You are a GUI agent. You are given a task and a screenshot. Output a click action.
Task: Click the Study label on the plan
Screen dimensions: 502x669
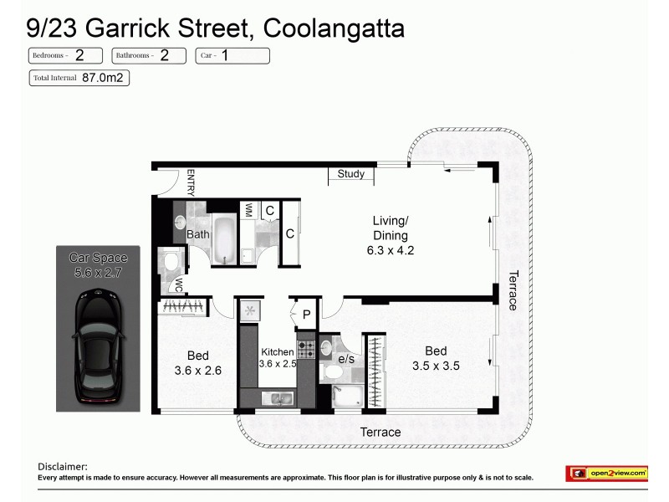pos(351,174)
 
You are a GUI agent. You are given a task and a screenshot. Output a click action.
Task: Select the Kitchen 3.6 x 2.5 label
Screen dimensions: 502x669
pos(278,358)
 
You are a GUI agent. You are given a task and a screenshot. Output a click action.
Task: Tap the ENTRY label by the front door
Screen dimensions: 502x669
pos(191,182)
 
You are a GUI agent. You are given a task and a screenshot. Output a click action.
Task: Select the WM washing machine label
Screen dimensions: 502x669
pos(248,211)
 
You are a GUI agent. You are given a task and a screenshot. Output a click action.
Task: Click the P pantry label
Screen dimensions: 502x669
pos(306,315)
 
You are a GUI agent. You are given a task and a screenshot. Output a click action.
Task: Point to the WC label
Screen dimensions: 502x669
pos(178,284)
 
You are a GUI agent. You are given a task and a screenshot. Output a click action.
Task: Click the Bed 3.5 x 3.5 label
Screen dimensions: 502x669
pos(436,357)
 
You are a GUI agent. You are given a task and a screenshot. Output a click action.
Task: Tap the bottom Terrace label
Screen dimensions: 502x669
pos(380,433)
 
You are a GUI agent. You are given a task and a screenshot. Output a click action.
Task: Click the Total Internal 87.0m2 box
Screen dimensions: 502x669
pos(79,78)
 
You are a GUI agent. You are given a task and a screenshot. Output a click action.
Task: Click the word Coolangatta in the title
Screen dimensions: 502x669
pos(334,29)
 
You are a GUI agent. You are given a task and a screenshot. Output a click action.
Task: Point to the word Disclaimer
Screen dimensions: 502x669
pos(63,467)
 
